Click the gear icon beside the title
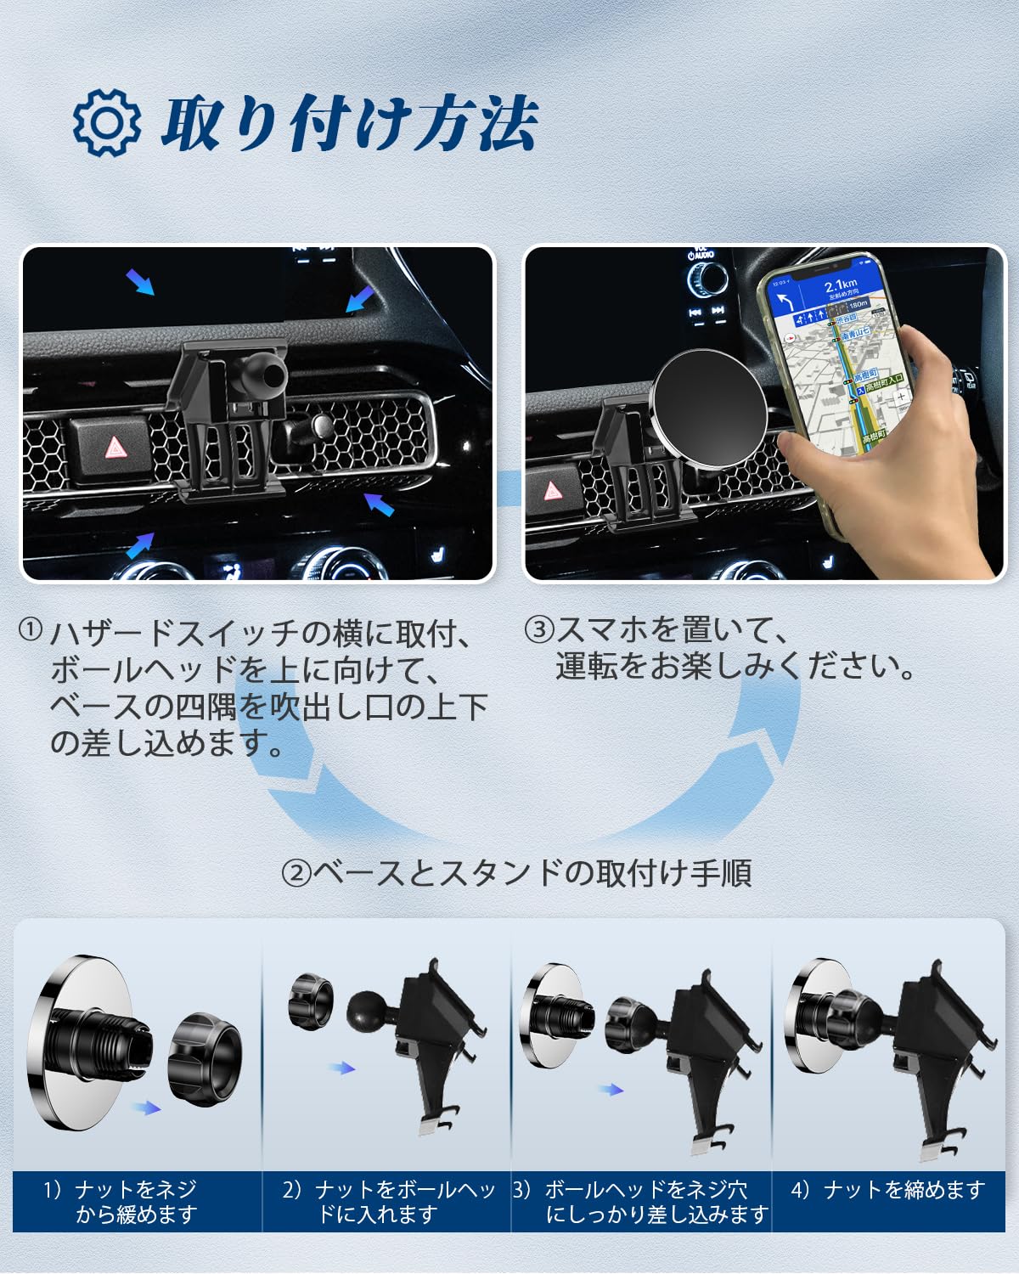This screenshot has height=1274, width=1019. point(106,122)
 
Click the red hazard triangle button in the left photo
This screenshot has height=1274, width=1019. point(111,448)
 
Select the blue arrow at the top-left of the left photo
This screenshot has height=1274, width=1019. point(140,282)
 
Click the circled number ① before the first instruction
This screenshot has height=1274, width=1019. point(31,629)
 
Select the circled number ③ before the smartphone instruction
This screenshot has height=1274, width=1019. point(539,629)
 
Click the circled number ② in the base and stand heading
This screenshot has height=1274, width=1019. point(296,873)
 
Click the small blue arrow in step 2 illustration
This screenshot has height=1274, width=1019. point(342,1068)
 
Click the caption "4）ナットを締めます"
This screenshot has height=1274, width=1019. point(887,1190)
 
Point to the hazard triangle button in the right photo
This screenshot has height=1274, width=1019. point(552,492)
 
